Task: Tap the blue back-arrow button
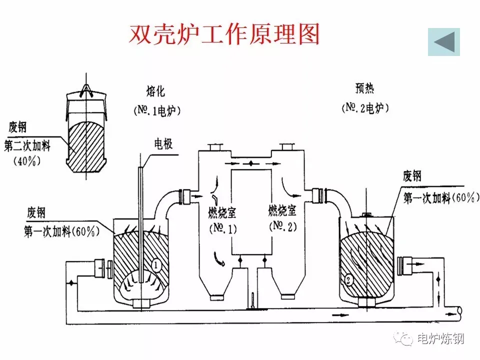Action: (x=444, y=42)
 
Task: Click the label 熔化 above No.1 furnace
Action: (x=155, y=91)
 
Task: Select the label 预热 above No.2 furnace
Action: (x=364, y=88)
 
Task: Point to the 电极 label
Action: (x=163, y=143)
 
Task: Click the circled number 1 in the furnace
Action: (x=156, y=265)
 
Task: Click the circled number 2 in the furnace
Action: (x=348, y=280)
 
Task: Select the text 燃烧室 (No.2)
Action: (x=282, y=218)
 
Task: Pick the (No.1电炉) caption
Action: (x=157, y=110)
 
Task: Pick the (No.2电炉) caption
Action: (x=365, y=108)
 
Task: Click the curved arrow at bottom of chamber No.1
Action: (x=219, y=259)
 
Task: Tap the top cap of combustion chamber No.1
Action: (x=215, y=147)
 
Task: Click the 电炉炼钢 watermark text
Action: (x=441, y=338)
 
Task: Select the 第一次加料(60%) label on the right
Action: (x=441, y=198)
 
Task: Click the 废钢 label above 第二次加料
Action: (x=18, y=126)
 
